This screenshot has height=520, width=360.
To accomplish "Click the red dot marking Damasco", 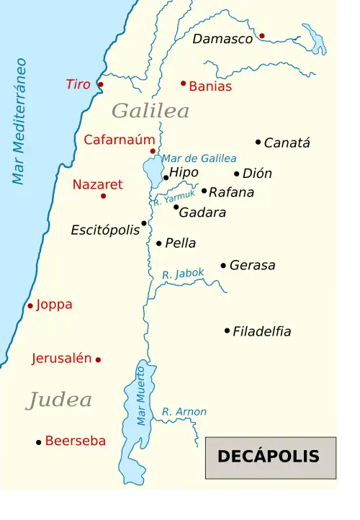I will (x=262, y=35).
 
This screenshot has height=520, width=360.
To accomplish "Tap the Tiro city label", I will (x=78, y=84).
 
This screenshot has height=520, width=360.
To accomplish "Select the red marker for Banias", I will (x=184, y=84).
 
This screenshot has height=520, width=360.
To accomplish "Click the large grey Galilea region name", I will (x=150, y=111).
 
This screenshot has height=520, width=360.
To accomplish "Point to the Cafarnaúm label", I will (x=120, y=140).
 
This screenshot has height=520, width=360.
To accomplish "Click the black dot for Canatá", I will (x=258, y=142).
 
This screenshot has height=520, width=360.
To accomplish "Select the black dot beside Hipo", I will (x=166, y=177).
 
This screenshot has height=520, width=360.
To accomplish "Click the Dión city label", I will (x=257, y=174).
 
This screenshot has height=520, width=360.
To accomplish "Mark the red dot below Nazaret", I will (x=103, y=196).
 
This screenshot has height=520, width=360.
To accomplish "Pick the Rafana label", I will (x=231, y=192).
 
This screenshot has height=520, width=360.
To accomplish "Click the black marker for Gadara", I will (x=176, y=207).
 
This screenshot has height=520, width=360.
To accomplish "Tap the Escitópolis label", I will (x=105, y=230).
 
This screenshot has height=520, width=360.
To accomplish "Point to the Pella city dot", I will (x=159, y=243).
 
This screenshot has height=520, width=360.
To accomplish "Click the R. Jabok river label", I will (x=183, y=274).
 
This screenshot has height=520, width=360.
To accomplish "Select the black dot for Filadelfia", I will (x=227, y=331).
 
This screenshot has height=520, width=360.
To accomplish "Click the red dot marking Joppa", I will (x=30, y=305).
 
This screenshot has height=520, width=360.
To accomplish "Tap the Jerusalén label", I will (x=62, y=358).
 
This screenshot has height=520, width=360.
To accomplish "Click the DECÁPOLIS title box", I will (x=271, y=457).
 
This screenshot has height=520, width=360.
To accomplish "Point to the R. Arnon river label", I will (x=184, y=412).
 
